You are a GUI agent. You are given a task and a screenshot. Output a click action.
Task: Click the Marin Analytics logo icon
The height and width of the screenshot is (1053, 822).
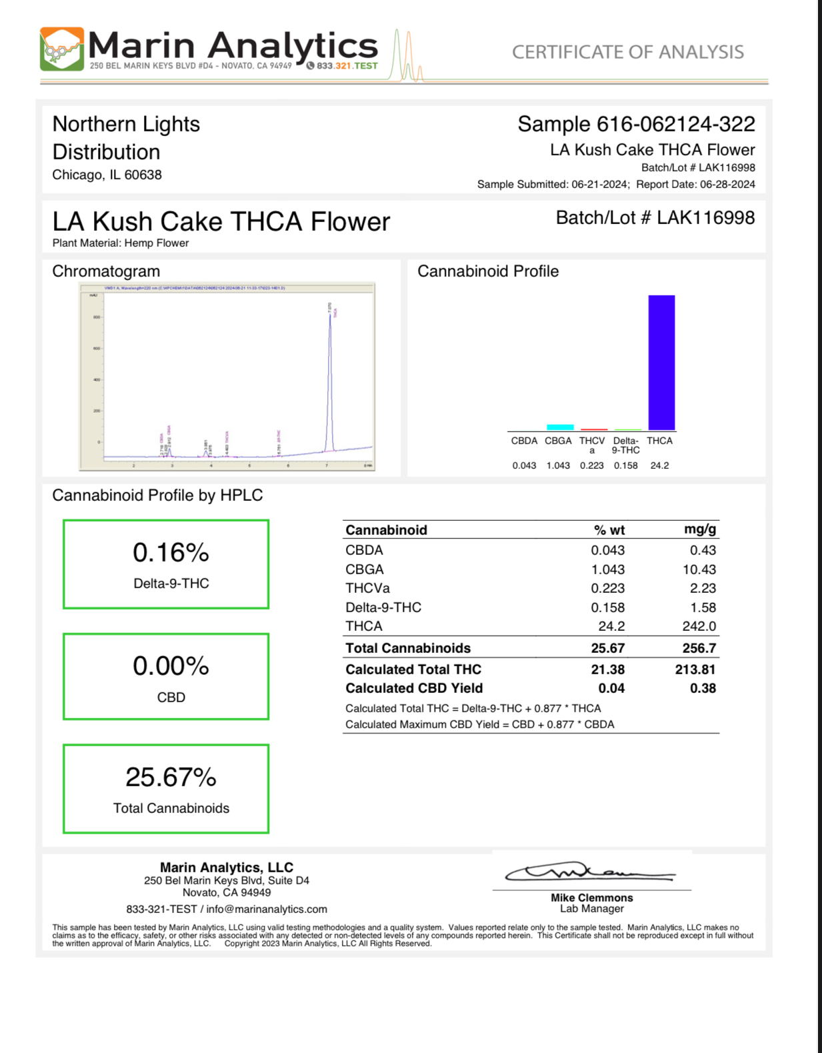tap(61, 49)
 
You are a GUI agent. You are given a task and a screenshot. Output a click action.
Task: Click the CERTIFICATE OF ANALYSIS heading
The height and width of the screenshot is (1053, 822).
tap(627, 52)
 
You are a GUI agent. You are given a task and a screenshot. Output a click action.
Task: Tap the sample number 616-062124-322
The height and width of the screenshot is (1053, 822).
tap(675, 124)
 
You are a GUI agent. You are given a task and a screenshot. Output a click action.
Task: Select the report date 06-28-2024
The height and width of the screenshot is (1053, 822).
tap(727, 185)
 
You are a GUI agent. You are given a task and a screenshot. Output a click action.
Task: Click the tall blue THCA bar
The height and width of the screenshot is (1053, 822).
tap(661, 362)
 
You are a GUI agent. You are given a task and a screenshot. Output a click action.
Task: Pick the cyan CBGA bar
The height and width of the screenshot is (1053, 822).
tap(560, 427)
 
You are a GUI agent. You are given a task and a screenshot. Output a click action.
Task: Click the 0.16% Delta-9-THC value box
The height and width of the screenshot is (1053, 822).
tap(166, 564)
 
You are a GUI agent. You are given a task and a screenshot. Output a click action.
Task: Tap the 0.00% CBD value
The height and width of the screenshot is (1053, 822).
tap(171, 666)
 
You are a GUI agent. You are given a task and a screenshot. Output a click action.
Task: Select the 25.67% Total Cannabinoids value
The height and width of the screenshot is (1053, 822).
tap(171, 778)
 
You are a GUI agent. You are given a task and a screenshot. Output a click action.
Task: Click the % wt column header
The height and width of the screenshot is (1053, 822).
tap(609, 530)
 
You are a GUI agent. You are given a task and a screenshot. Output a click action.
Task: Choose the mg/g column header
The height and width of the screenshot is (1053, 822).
tap(699, 530)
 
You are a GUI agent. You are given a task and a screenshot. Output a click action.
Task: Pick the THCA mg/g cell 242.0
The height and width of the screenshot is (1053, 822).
tap(699, 626)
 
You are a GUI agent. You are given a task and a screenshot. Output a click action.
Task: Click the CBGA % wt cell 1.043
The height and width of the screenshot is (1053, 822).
tap(607, 570)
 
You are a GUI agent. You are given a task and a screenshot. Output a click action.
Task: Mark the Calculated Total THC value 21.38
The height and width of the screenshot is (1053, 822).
tap(607, 670)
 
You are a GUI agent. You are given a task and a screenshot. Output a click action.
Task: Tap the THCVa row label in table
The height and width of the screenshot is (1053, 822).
tap(367, 588)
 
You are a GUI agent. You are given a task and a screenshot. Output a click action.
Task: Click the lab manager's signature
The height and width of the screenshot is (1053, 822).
tap(590, 872)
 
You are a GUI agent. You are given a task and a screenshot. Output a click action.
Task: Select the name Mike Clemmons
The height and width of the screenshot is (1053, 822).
tap(591, 898)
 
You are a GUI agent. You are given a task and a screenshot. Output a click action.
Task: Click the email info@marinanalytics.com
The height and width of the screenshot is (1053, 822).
tap(267, 909)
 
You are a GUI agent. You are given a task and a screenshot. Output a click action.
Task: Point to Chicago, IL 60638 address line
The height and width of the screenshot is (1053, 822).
tap(107, 175)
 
